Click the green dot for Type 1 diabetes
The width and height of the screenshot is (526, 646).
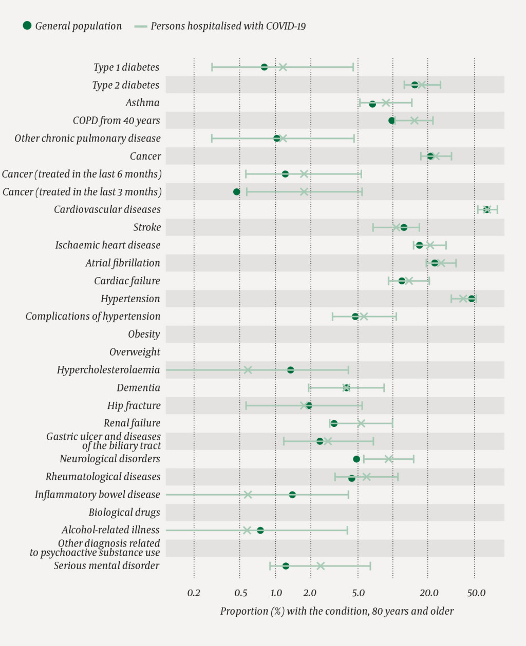264,67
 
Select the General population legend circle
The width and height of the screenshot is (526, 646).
27,26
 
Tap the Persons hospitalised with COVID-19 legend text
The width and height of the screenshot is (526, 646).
228,26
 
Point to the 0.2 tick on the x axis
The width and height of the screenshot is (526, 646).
194,593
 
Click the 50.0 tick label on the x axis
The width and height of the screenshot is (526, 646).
476,593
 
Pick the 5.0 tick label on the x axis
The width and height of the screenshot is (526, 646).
358,593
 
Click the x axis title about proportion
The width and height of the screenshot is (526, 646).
337,611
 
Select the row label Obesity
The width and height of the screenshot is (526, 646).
144,335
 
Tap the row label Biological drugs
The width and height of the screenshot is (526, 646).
124,513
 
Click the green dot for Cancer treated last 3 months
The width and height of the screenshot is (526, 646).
237,192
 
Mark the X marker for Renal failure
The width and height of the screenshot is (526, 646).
361,423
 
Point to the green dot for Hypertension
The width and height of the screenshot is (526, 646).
472,299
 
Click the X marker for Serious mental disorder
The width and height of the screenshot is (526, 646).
321,566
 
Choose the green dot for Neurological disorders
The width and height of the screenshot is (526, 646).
356,459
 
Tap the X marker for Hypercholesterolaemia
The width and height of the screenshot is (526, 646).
248,370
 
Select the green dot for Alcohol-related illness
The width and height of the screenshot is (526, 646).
260,530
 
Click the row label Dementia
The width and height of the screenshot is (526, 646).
138,388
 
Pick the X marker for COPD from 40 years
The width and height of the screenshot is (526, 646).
414,121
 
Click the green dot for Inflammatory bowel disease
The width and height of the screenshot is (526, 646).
292,495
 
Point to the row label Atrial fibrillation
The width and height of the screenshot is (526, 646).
123,263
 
